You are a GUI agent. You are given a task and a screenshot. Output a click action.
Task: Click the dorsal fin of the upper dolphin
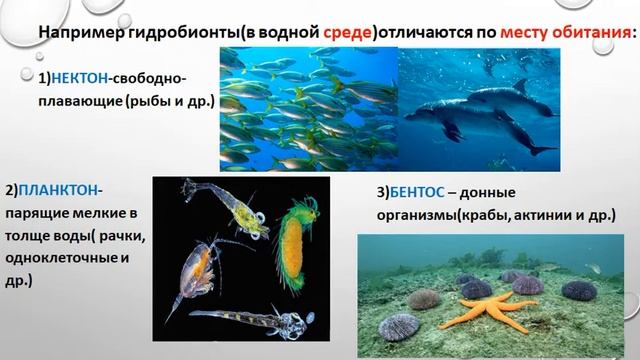click(x=519, y=86)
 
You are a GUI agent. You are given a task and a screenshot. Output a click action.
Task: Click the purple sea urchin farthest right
click(x=579, y=291)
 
